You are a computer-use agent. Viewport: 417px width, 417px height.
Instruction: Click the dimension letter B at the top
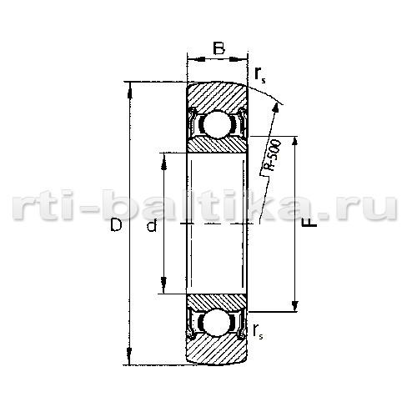[x=219, y=48]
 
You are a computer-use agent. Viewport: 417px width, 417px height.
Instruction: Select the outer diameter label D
[x=116, y=225]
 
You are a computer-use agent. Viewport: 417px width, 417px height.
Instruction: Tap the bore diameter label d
[x=152, y=225]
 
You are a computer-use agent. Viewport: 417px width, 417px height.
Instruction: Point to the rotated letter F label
[x=309, y=223]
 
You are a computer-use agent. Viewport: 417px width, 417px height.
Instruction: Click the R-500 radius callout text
[x=273, y=155]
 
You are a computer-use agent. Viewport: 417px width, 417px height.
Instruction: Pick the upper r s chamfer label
[x=260, y=75]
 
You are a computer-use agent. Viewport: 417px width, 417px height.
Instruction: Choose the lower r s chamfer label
[x=258, y=331]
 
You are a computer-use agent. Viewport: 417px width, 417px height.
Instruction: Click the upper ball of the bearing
[x=218, y=124]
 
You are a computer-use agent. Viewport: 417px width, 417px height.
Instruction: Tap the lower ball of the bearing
[x=217, y=323]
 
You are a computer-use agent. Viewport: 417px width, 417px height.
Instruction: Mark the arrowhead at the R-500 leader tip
[x=276, y=107]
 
